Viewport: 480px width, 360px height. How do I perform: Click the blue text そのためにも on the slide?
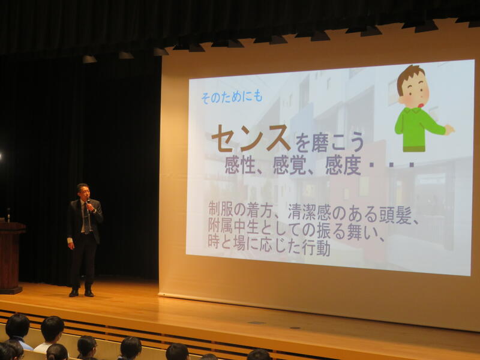point(232,97)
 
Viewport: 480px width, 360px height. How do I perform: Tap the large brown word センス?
point(251,139)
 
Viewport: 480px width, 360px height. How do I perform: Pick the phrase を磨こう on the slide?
point(329,142)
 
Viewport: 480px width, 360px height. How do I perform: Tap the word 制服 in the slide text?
point(219,209)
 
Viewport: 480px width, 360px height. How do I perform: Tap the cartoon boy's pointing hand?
point(449,130)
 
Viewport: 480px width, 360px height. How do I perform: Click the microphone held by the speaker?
point(88,202)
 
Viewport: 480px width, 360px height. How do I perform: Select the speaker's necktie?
point(86,218)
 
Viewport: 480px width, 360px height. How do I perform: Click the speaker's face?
point(83,193)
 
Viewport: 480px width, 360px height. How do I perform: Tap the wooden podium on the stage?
point(10,258)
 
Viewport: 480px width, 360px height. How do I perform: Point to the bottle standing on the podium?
point(8,215)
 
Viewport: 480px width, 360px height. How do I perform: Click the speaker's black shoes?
point(82,293)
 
